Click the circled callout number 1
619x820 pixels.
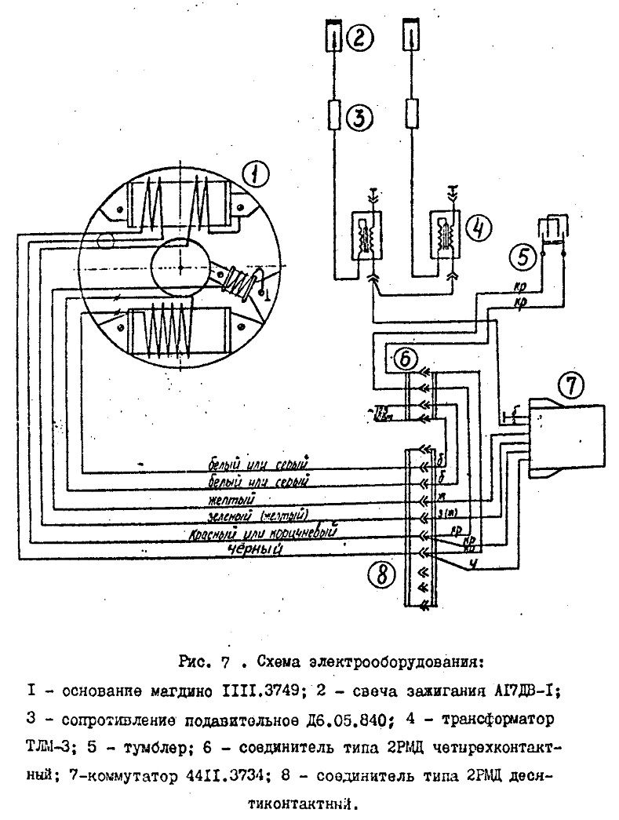pyautogui.click(x=255, y=173)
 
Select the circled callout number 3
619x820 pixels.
pyautogui.click(x=358, y=118)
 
